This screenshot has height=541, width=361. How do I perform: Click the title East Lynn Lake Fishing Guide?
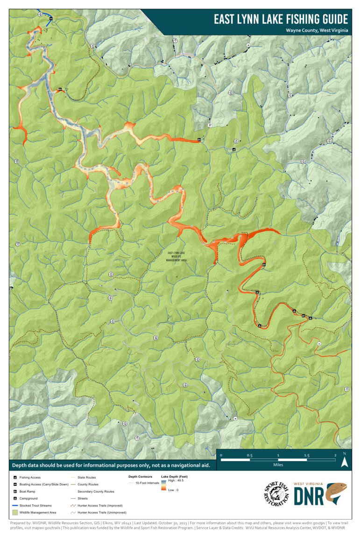(x=281, y=19)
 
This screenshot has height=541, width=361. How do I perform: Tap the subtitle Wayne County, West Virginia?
(x=317, y=30)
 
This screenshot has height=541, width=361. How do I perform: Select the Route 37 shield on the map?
(x=210, y=125)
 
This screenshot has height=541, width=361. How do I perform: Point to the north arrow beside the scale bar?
(x=344, y=461)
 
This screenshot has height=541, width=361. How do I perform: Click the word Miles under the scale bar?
(x=278, y=465)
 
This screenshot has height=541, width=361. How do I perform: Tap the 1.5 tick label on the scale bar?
(x=307, y=455)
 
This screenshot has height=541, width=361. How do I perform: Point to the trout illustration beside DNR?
(x=336, y=494)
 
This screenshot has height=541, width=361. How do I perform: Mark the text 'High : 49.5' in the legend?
(x=176, y=480)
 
